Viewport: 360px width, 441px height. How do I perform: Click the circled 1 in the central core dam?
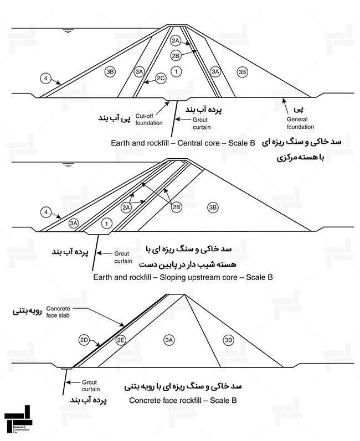(176, 71)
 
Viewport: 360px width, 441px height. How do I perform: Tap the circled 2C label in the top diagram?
(161, 78)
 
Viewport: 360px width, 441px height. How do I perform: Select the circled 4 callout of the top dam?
(45, 78)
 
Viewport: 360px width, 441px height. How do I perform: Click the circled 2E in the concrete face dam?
(121, 340)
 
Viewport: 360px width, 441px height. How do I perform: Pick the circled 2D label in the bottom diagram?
(84, 340)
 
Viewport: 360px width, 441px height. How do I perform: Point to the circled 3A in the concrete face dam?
(169, 340)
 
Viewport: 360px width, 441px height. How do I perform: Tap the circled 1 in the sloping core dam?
(106, 224)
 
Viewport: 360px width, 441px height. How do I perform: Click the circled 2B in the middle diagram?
(177, 207)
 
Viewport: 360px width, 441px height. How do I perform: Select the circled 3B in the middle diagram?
(213, 207)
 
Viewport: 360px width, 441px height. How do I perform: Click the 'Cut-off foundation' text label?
(149, 120)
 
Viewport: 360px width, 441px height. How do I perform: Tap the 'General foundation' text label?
(300, 123)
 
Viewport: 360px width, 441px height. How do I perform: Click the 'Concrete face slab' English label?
(58, 312)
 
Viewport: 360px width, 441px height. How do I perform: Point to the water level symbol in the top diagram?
(67, 31)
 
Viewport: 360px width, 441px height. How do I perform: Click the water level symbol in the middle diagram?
(68, 165)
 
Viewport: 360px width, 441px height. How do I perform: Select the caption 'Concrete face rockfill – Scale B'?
(183, 400)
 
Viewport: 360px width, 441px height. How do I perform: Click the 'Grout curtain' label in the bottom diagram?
(91, 386)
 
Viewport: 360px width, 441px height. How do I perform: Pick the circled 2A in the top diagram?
(176, 40)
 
